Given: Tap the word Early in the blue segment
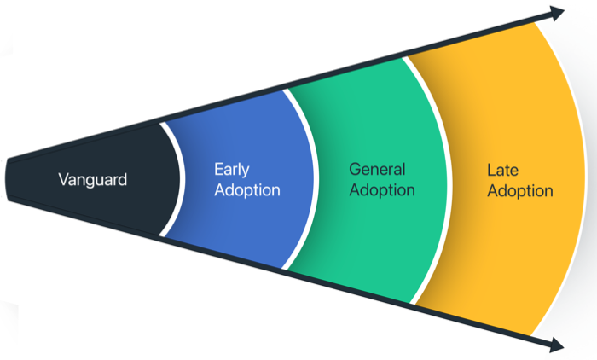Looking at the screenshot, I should click(232, 169).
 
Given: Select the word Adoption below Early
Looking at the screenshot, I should click(246, 189).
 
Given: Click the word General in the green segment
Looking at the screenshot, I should click(377, 169).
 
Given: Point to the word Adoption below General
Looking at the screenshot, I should click(381, 189).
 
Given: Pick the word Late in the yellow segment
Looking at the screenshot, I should click(502, 170).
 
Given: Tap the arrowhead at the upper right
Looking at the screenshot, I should click(556, 13).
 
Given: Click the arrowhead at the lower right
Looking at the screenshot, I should click(556, 345).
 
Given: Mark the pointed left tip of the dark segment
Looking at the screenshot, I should click(7, 179).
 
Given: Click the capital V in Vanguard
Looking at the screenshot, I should click(63, 179).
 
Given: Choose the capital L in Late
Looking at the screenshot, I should click(490, 170).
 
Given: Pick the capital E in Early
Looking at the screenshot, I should click(219, 169).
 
